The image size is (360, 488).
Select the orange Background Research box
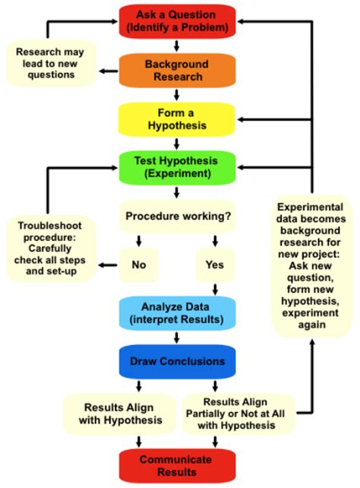177,71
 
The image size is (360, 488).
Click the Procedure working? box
177,216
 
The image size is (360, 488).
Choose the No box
138,265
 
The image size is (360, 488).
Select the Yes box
215,265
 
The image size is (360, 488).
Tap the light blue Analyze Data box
177,312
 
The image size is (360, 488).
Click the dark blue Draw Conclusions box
177,360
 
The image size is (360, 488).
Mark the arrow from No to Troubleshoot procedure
109,265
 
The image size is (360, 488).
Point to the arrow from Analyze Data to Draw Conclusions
177,336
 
